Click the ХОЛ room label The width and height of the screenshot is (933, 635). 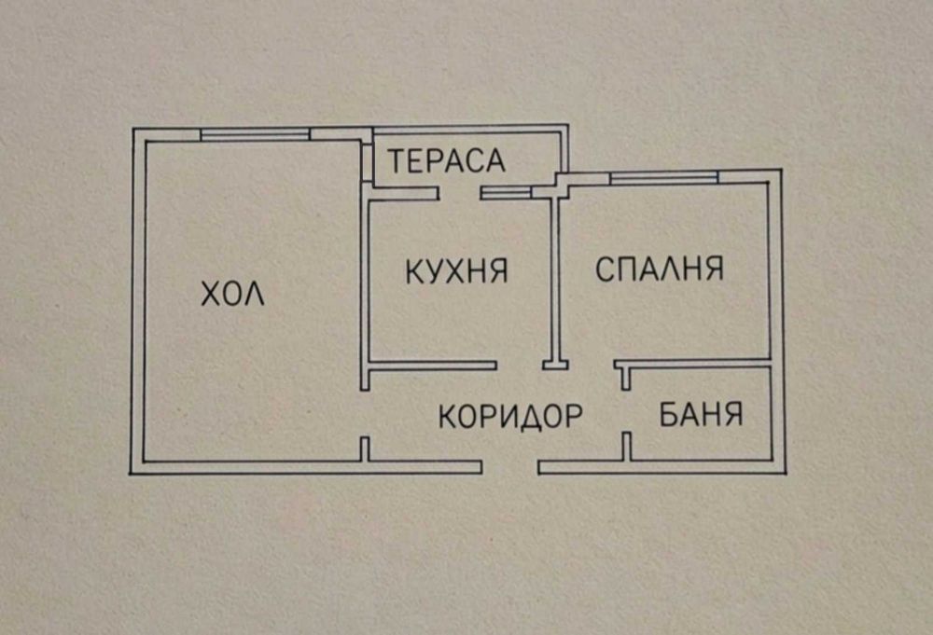point(232,293)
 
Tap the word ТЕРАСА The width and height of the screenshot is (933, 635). point(447,160)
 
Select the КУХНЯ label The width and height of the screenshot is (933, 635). point(456,271)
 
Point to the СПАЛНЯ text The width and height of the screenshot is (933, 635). point(660,269)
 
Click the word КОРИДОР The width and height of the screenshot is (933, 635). point(510,416)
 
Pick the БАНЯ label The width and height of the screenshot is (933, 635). point(701,414)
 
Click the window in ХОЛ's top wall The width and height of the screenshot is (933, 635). point(256,135)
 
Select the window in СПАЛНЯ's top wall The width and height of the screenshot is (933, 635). point(664,177)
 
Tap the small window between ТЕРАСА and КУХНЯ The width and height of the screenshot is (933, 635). point(506,193)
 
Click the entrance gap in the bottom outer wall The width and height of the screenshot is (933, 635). point(510,467)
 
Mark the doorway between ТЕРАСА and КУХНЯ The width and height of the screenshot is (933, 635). point(460,193)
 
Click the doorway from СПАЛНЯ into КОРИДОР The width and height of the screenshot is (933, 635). point(592,365)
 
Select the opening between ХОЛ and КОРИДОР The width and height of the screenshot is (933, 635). point(365,414)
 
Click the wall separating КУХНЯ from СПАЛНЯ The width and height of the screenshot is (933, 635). point(556,279)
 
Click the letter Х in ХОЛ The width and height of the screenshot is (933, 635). point(211,294)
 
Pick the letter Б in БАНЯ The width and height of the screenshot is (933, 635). point(668,414)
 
